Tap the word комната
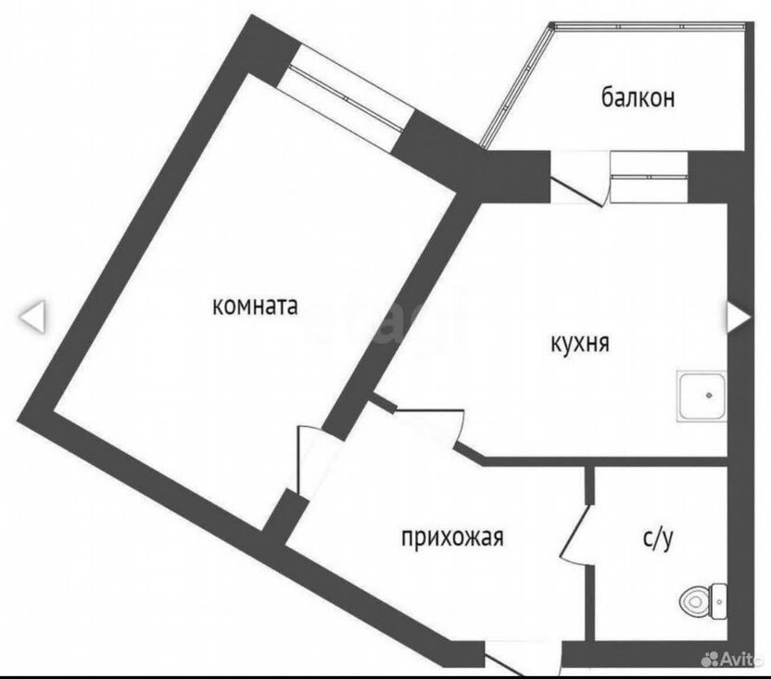pos(255,307)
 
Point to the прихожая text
pos(452,536)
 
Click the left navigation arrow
pos(32,318)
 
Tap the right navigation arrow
pos(739,318)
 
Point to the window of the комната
pos(344,99)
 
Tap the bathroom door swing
pos(577,533)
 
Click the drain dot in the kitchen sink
pos(709,396)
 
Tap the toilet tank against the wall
pos(719,601)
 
